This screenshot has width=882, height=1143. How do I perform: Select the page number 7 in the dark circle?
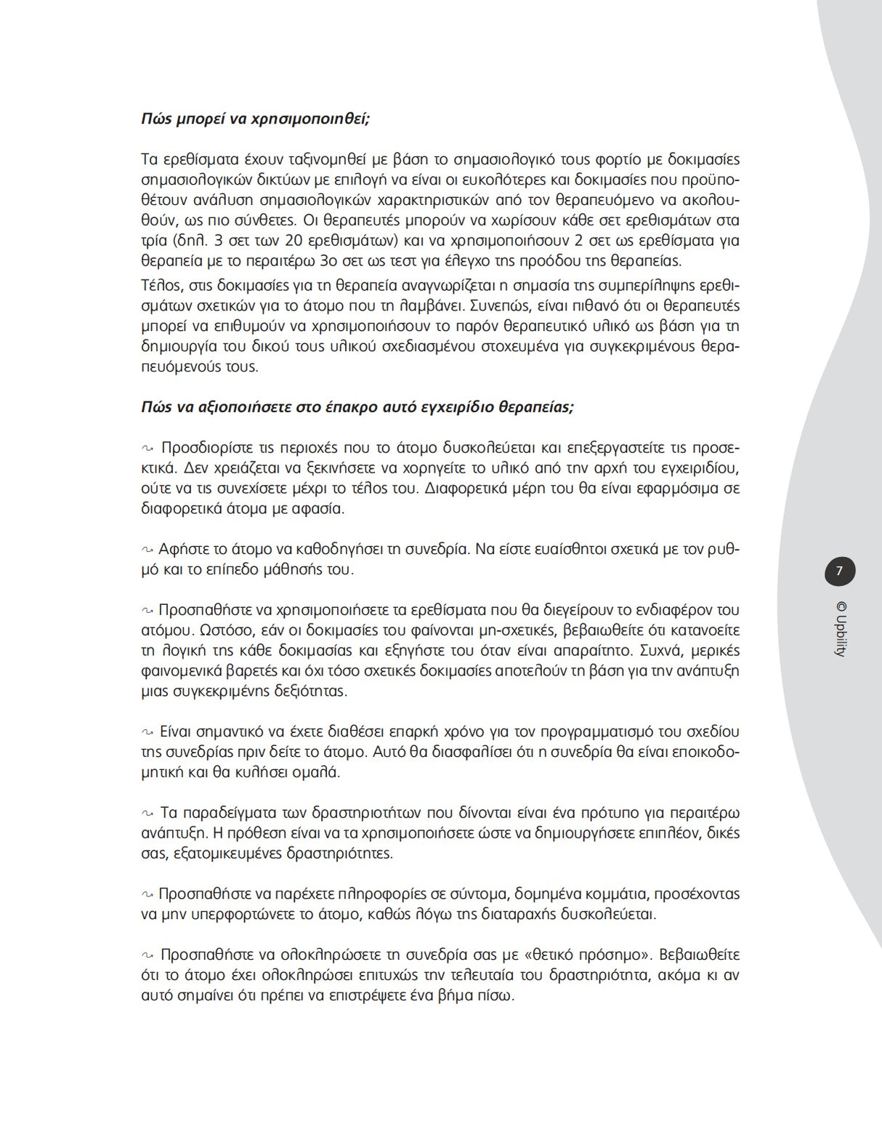pyautogui.click(x=839, y=571)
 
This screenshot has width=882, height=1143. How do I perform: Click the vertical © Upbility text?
pyautogui.click(x=841, y=630)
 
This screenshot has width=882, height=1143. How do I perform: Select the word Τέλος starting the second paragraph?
pyautogui.click(x=159, y=285)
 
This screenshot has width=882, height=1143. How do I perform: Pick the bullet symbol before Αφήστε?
pyautogui.click(x=147, y=550)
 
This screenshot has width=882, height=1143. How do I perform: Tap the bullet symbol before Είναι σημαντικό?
pyautogui.click(x=147, y=732)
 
